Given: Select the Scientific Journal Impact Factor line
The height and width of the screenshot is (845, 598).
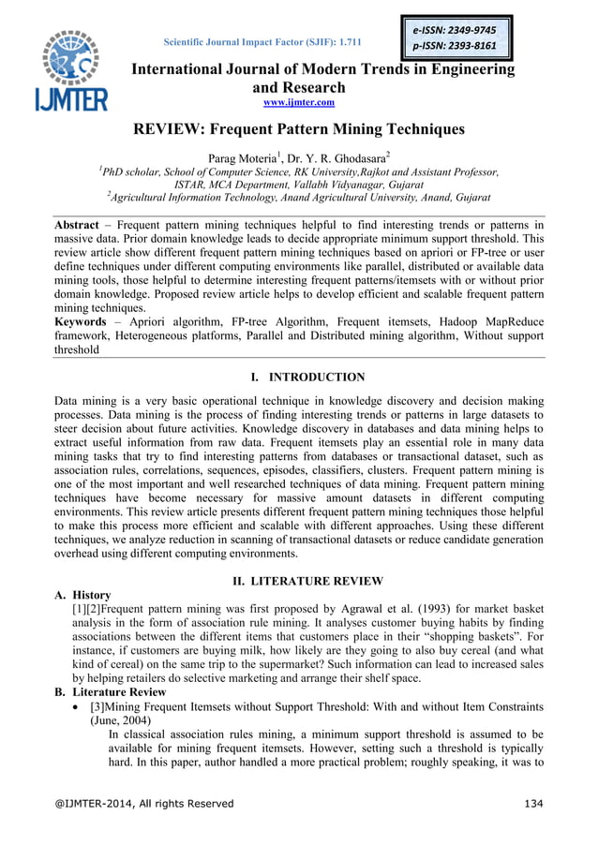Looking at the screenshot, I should click(x=262, y=42).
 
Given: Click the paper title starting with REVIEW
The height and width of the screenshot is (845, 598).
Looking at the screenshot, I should click(x=298, y=131).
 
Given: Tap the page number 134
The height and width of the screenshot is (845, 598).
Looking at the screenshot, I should click(x=531, y=804).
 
